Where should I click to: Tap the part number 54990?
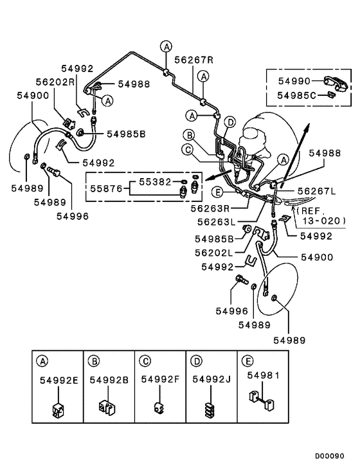click(x=294, y=82)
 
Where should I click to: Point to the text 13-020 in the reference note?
click(x=323, y=220)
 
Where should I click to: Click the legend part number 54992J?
click(x=212, y=380)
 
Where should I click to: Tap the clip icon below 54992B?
click(x=107, y=407)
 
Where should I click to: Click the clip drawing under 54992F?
click(x=159, y=408)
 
